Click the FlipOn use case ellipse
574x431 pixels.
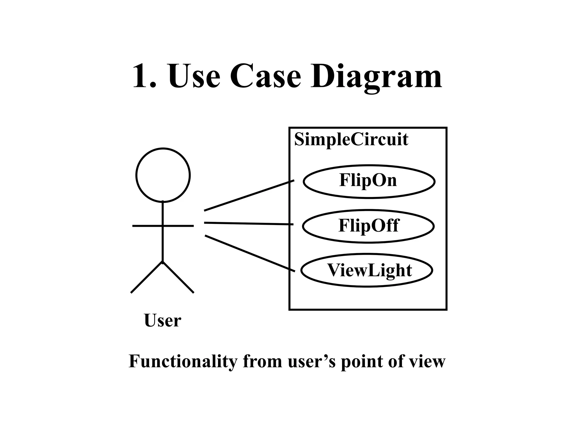pyautogui.click(x=369, y=181)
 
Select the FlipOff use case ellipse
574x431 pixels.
pyautogui.click(x=368, y=226)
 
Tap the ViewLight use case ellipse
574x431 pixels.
pyautogui.click(x=367, y=270)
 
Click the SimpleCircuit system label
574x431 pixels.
pyautogui.click(x=351, y=139)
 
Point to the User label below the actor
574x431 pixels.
pyautogui.click(x=163, y=320)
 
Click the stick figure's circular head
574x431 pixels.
pyautogui.click(x=163, y=175)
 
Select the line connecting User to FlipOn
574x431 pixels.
pyautogui.click(x=249, y=195)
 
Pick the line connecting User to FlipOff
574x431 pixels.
pyautogui.click(x=249, y=224)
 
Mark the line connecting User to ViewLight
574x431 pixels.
pyautogui.click(x=250, y=253)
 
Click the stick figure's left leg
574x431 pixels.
pyautogui.click(x=147, y=277)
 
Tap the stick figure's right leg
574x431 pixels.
pyautogui.click(x=178, y=277)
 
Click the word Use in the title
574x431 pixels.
pyautogui.click(x=194, y=76)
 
